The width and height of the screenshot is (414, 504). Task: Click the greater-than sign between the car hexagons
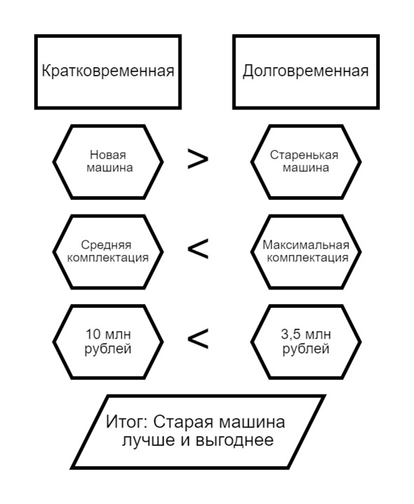(198, 159)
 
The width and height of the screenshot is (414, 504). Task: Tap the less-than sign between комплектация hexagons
(198, 249)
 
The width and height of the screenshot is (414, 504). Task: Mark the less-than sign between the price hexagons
(198, 339)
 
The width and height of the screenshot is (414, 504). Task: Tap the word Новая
(108, 155)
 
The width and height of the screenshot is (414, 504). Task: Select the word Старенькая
(304, 155)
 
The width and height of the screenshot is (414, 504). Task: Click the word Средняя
(106, 245)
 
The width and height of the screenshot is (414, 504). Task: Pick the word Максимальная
(305, 245)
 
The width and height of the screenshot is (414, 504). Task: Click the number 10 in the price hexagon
(93, 334)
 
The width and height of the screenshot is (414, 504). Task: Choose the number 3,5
(291, 335)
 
